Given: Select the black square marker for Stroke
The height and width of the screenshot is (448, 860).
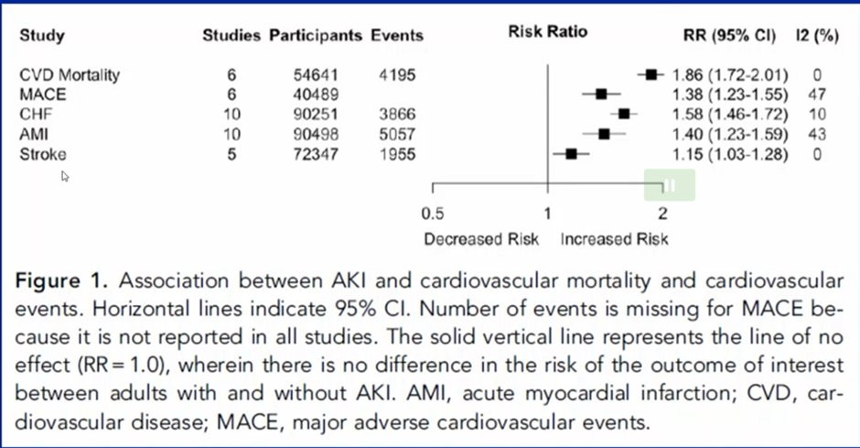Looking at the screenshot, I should point(571,154).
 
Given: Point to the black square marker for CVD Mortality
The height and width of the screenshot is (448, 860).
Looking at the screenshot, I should point(651,75).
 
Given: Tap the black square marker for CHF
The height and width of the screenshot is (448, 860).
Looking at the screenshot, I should point(624,114).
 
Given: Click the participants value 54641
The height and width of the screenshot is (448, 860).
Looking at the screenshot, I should point(314,75).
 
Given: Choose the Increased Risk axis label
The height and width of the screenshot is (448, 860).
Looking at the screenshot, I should point(615,239).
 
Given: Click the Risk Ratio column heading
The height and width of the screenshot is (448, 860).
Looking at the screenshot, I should point(547,31).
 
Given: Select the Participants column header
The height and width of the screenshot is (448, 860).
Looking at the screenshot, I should point(316,36).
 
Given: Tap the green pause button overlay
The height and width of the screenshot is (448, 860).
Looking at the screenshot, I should point(669,184).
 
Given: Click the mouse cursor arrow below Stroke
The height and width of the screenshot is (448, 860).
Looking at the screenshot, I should point(65,176).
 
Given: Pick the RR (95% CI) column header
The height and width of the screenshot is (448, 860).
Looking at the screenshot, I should point(730,36).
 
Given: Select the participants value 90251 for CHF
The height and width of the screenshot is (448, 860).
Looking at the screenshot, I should point(314,115).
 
